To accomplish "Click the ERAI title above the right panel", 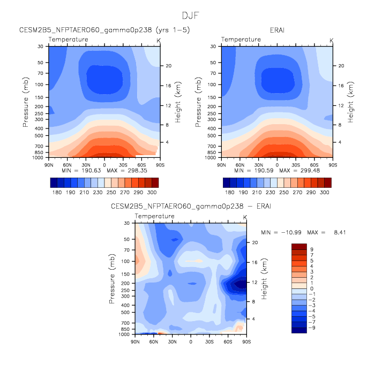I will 278,30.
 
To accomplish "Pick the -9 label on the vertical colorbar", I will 312,327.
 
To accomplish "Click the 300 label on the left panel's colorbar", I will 152,191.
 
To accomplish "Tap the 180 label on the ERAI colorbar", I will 229,191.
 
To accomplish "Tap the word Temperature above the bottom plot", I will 154,216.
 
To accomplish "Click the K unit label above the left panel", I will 158,40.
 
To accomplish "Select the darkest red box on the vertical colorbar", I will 298,247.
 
